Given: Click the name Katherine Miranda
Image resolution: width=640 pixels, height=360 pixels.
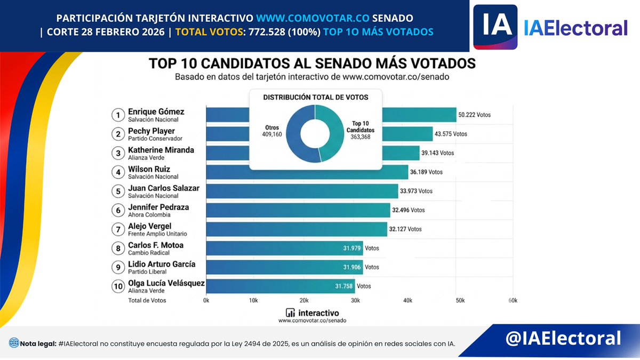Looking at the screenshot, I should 161,150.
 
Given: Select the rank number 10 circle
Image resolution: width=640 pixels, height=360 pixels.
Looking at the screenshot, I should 117,286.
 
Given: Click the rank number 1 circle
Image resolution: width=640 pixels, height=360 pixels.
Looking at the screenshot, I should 117,115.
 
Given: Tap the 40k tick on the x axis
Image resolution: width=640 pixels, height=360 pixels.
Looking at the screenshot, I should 407,300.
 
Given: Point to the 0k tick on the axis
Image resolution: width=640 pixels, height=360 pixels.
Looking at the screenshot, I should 206,300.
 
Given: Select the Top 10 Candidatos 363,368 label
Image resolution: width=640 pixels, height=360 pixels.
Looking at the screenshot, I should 361,130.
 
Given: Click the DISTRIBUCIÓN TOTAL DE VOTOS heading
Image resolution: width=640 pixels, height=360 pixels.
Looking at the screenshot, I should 315,97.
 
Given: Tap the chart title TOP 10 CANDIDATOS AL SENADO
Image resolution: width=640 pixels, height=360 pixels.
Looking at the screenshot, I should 312,63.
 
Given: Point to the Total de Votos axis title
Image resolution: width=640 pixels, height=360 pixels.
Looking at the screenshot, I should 147,300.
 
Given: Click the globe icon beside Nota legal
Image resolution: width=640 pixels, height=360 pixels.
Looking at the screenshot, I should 14,343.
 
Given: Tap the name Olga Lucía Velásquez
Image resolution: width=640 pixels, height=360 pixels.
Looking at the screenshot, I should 166,283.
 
